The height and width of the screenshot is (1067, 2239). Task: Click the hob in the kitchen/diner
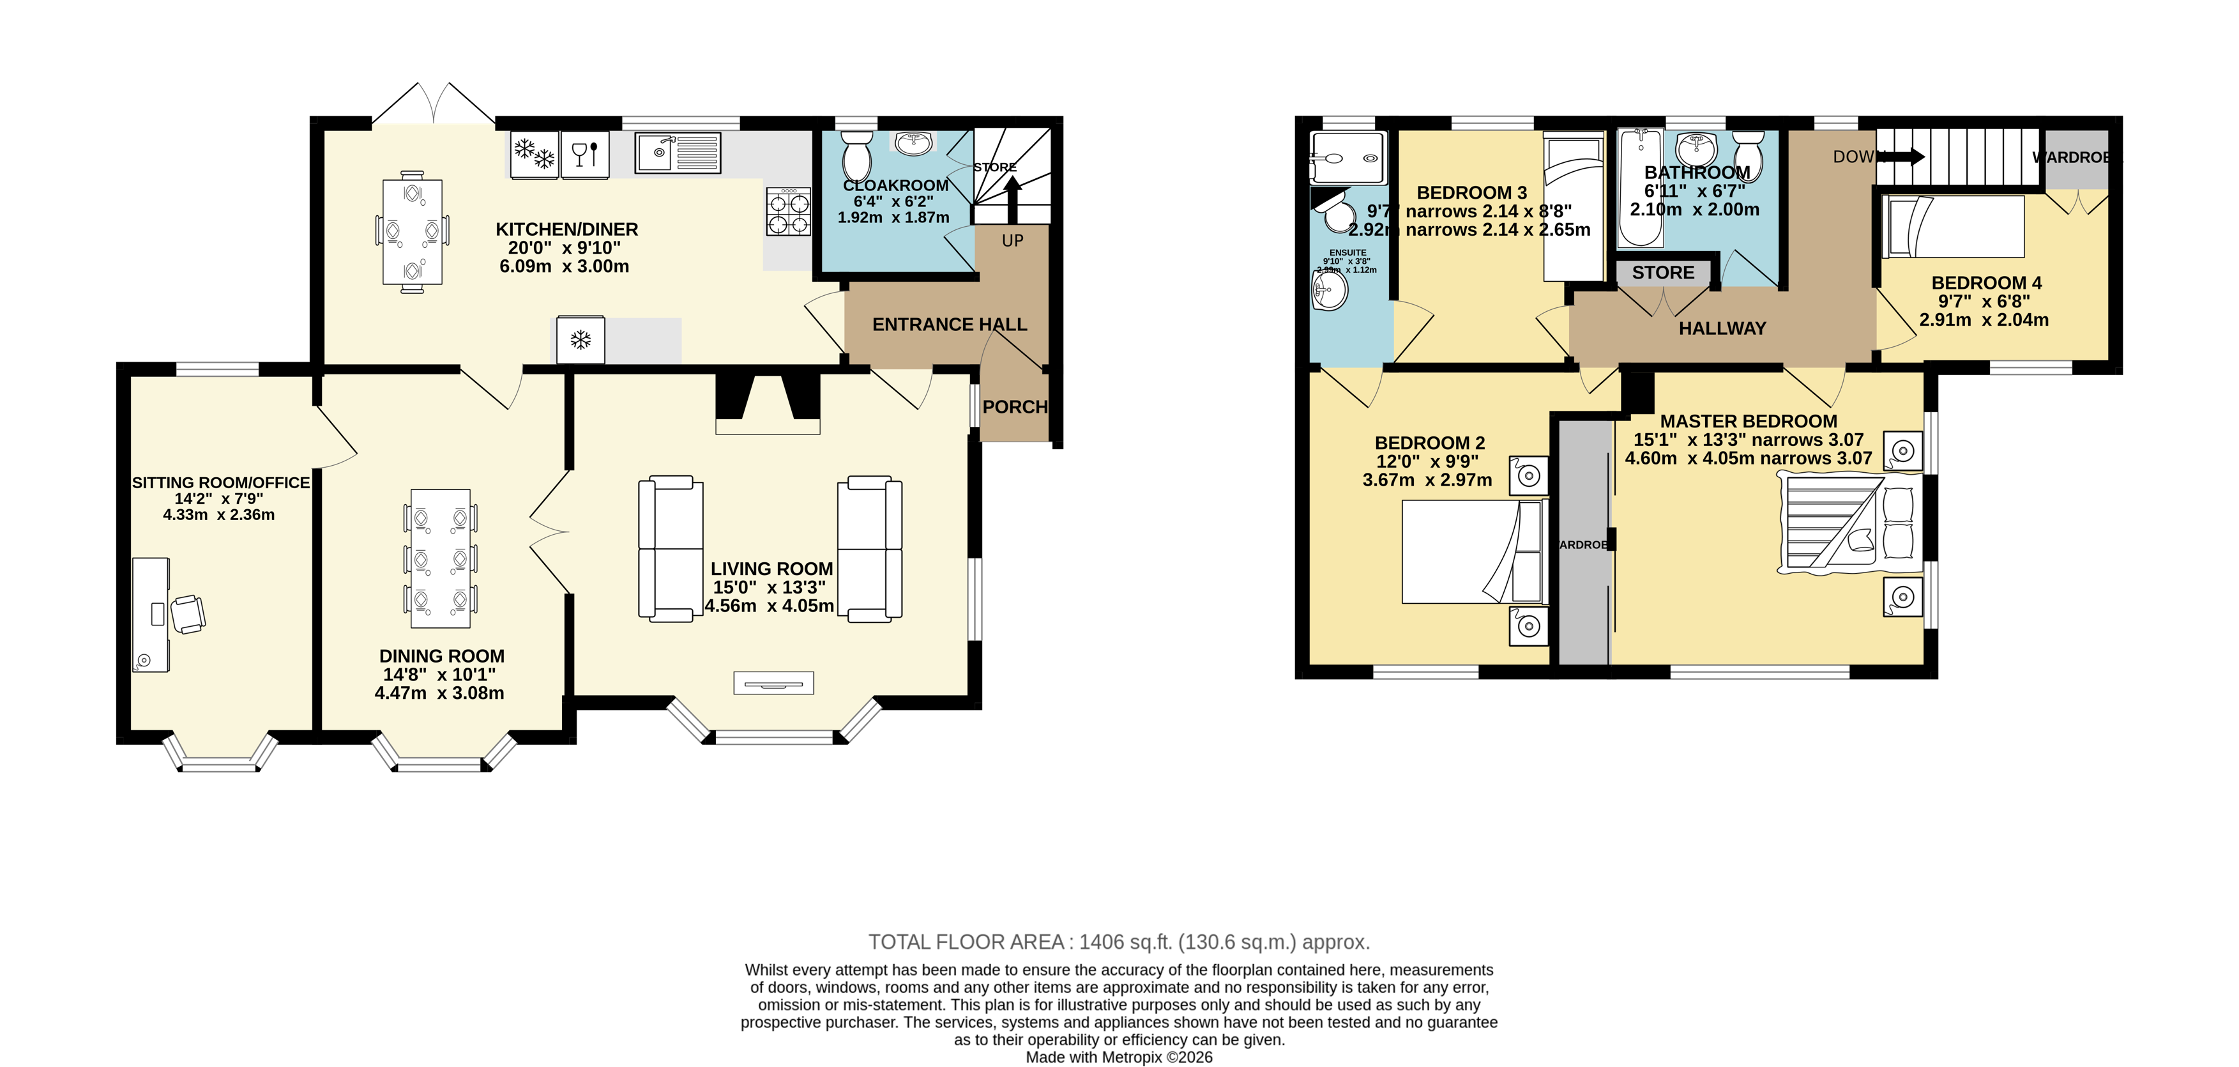tap(788, 212)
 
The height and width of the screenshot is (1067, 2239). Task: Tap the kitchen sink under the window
tap(676, 153)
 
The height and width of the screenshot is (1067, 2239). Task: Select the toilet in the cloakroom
tap(857, 156)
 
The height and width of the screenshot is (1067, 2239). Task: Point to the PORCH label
tap(1014, 407)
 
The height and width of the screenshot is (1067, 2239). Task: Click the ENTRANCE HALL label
tap(949, 325)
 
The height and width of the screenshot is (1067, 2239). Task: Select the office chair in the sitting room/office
tap(188, 614)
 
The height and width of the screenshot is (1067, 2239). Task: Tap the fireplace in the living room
tap(768, 404)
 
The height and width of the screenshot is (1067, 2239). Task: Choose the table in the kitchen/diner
tap(413, 232)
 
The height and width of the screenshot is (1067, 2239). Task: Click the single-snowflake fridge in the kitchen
tap(581, 340)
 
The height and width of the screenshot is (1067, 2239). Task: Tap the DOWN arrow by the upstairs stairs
tap(1904, 157)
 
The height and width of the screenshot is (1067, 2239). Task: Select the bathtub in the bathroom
tap(1640, 188)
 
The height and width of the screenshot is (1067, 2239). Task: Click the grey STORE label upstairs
tap(1663, 273)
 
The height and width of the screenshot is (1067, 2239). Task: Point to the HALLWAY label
tap(1722, 328)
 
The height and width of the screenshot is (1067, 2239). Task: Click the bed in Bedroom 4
tap(1953, 227)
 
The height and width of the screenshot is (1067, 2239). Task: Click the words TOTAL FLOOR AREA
tap(966, 942)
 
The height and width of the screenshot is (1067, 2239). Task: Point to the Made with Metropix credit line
tap(1119, 1057)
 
